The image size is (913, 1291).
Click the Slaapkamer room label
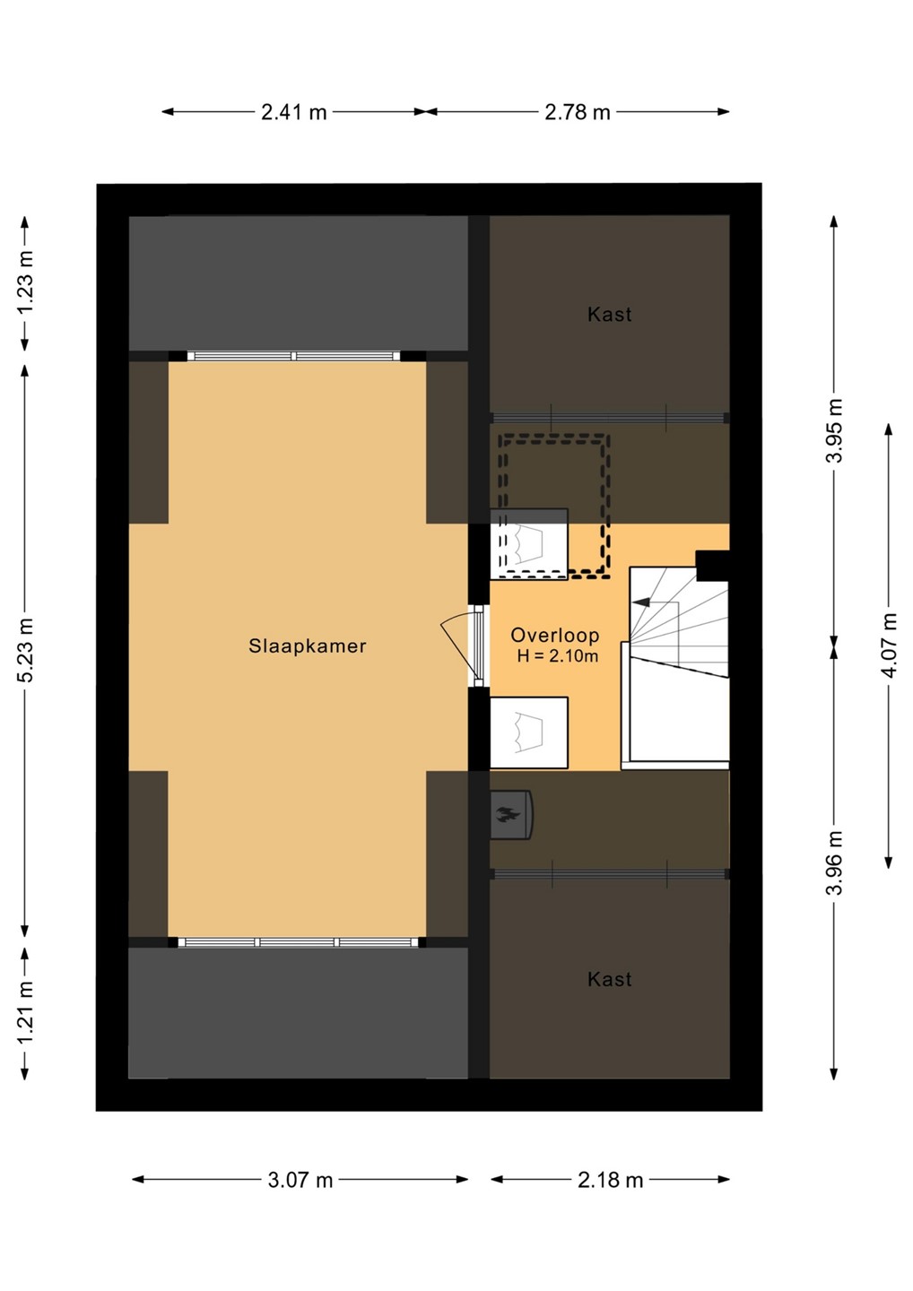(x=308, y=645)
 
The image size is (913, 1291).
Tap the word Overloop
(x=555, y=635)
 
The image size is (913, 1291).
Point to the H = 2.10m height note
(x=557, y=656)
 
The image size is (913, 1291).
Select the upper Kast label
(x=609, y=314)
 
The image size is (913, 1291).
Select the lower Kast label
(x=609, y=979)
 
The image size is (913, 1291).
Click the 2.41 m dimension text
(x=294, y=112)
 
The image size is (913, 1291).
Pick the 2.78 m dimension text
(x=578, y=112)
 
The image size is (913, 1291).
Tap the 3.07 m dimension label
(x=300, y=1180)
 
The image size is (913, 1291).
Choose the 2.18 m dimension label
(x=611, y=1180)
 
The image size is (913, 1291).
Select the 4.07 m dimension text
(x=890, y=645)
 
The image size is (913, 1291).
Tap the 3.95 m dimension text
(x=834, y=430)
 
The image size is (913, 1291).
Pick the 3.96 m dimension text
(x=834, y=862)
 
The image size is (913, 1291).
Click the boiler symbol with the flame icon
(x=510, y=814)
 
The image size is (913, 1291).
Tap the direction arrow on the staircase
(x=641, y=602)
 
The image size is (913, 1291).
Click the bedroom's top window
(x=294, y=356)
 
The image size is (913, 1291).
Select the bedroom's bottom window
(x=298, y=942)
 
